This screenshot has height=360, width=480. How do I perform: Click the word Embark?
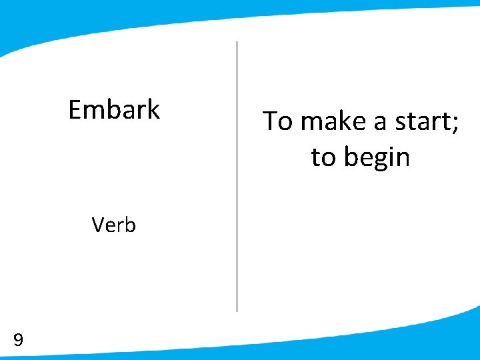click(x=114, y=109)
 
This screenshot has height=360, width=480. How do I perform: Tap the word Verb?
click(x=114, y=225)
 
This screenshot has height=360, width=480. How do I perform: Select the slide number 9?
click(x=19, y=341)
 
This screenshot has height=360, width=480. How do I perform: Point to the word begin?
click(x=377, y=158)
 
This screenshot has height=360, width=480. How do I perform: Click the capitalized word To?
click(x=277, y=121)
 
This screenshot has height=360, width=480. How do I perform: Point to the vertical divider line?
click(x=237, y=177)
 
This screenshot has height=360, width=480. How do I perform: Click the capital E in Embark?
click(x=75, y=109)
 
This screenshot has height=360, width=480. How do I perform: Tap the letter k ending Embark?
click(x=153, y=109)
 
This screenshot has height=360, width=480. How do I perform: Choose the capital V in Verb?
click(x=99, y=225)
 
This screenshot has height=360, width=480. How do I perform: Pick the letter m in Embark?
click(x=93, y=111)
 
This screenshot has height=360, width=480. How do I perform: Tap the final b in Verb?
click(x=130, y=225)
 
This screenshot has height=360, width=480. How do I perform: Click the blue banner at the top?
click(x=240, y=17)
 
